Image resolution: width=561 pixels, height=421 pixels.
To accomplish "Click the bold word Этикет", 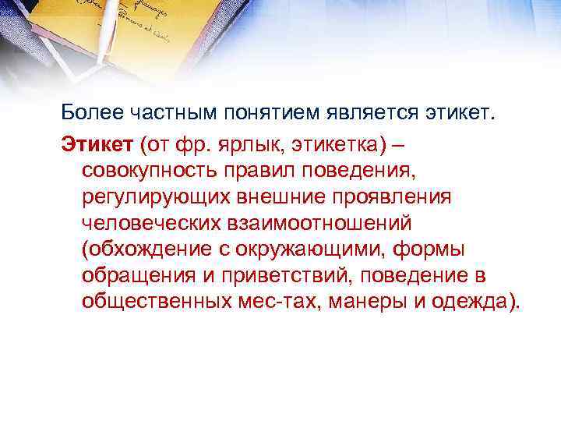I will (x=88, y=143).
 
